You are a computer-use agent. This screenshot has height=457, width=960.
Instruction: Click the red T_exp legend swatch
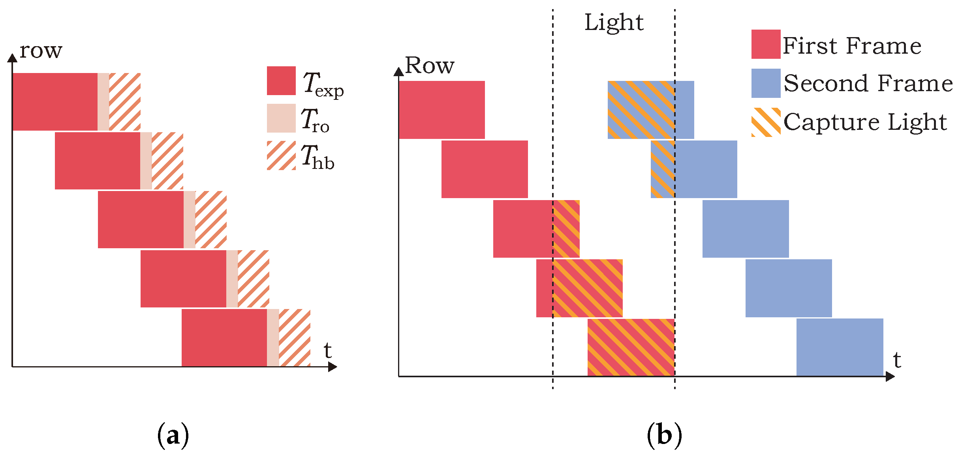coord(281,81)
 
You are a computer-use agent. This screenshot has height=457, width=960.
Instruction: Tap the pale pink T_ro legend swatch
coord(281,118)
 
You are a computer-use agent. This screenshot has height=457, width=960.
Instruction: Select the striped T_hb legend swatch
coord(281,155)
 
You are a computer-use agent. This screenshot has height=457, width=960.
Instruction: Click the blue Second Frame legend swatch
coord(766,83)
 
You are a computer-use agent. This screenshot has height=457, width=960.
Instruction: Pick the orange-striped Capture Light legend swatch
coord(766,122)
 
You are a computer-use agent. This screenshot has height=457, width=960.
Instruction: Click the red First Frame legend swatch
coord(766,44)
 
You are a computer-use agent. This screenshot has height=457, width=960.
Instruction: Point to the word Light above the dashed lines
coord(614,22)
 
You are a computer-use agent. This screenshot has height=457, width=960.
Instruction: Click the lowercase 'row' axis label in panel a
coord(41,51)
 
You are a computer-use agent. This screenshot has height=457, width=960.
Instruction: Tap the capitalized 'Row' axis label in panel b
coord(430,65)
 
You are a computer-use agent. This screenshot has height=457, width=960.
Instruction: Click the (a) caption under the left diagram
coord(173,435)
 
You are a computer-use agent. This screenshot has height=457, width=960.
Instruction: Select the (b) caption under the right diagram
coord(664,435)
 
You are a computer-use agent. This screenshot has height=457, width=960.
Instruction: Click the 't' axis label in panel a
coord(327,350)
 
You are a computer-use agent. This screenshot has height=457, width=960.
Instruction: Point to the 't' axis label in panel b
coord(897,360)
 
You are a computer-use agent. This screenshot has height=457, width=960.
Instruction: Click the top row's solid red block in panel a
coord(55,102)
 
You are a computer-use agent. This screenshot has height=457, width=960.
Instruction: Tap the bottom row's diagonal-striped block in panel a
coord(295,338)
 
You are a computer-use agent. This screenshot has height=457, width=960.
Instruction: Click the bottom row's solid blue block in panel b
coord(840,347)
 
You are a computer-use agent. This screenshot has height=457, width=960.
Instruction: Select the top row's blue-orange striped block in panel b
coord(641,110)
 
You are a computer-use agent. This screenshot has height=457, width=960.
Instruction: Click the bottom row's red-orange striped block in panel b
coord(631,347)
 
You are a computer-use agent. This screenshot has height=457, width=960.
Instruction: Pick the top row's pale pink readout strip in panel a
coord(103,102)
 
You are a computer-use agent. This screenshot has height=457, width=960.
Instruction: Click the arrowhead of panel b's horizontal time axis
coord(890,376)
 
